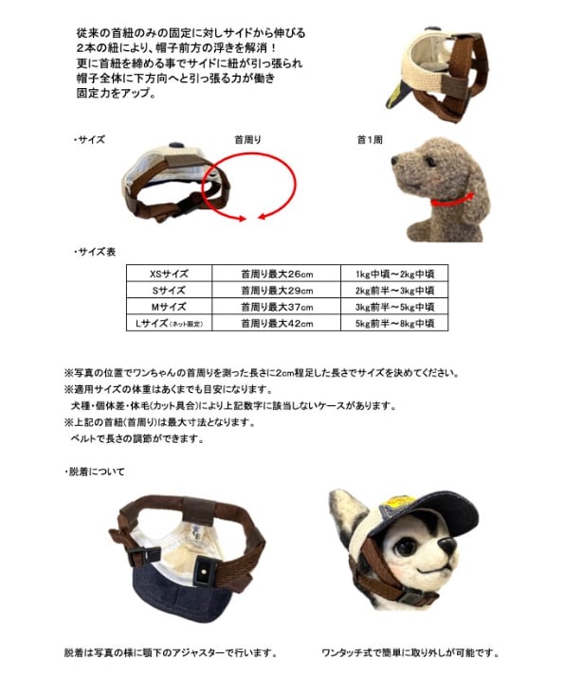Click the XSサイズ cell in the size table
click(169, 274)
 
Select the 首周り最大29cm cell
click(277, 290)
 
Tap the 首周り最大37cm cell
click(277, 307)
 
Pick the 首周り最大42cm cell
click(277, 323)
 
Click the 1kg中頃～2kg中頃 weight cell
click(394, 274)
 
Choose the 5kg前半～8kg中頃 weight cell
click(394, 323)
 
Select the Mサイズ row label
click(169, 307)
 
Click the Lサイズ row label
click(169, 323)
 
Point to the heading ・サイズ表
click(95, 252)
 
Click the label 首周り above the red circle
click(247, 139)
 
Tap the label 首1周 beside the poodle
click(370, 139)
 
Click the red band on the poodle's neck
click(452, 201)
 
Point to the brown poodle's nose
click(395, 160)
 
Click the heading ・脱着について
click(95, 471)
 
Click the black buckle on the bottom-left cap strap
click(145, 557)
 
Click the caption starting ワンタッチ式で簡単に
click(409, 652)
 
